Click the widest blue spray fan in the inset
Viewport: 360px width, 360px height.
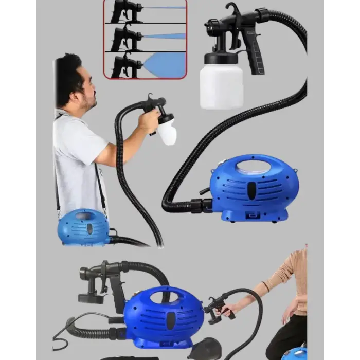(x=164, y=65)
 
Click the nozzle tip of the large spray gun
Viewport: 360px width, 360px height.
(x=208, y=26)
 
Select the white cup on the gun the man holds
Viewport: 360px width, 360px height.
(x=166, y=131)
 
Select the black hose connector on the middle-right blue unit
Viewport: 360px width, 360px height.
(x=199, y=205)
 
